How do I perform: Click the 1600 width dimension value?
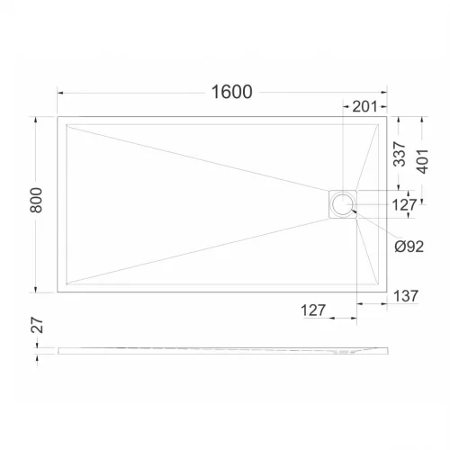[x=232, y=92]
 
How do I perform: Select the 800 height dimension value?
[x=36, y=200]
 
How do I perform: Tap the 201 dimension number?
[x=364, y=106]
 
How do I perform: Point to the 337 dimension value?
[x=400, y=154]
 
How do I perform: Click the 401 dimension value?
[x=422, y=161]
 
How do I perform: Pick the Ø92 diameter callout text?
[x=409, y=247]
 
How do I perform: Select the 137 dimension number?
[x=406, y=296]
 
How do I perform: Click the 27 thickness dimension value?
[x=37, y=325]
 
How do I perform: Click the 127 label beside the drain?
[x=404, y=205]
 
